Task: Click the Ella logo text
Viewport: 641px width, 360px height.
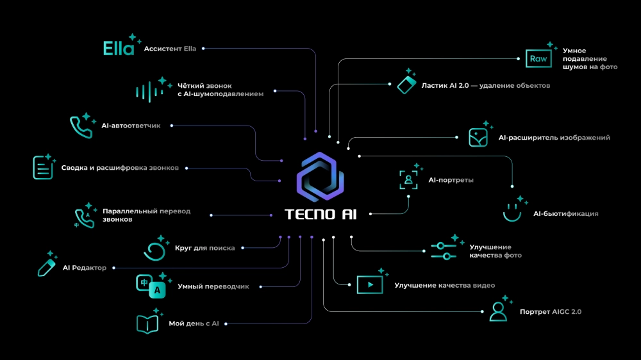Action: [x=119, y=49]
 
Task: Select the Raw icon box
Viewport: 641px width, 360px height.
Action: [x=537, y=59]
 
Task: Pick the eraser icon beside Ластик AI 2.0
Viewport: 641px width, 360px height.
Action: [x=406, y=85]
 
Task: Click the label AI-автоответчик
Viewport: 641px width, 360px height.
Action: [x=131, y=126]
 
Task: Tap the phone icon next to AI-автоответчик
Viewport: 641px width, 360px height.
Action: [x=81, y=127]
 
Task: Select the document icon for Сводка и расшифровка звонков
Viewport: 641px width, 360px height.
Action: [x=43, y=168]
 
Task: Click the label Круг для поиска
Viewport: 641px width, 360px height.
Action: [x=204, y=248]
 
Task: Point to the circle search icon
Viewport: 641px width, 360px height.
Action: [x=154, y=250]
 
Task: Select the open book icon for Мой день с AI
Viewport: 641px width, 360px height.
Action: [x=147, y=324]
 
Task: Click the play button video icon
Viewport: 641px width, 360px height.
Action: [x=369, y=284]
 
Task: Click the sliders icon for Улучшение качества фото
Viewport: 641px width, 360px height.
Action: [x=443, y=250]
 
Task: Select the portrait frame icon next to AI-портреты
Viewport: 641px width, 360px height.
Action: [x=408, y=180]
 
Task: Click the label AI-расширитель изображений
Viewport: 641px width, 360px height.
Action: [x=554, y=138]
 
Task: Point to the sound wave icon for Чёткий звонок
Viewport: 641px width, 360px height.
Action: [x=146, y=91]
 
